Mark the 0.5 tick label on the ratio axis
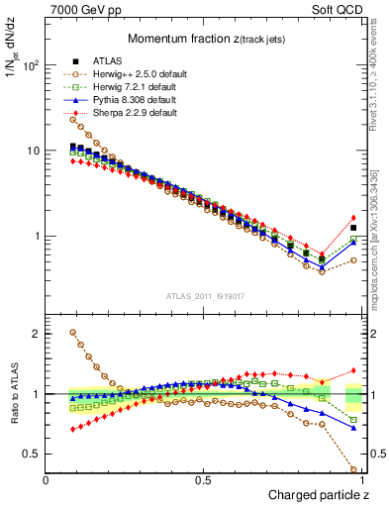coord(31,454)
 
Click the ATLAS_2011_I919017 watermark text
coord(204,296)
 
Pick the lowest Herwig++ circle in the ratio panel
coord(353,469)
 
